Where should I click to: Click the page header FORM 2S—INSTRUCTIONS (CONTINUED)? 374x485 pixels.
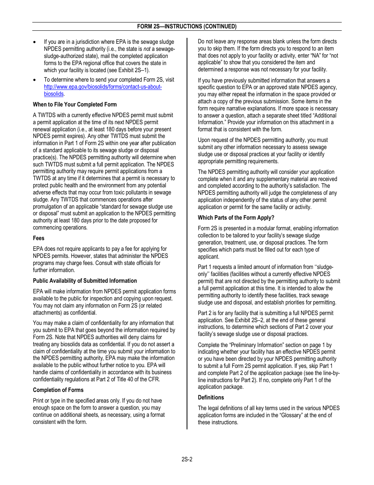(x=187, y=26)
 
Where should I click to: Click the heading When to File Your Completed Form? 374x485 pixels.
(x=75, y=104)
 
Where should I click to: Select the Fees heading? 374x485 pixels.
(x=39, y=238)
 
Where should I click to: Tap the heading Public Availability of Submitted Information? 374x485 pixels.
(x=85, y=281)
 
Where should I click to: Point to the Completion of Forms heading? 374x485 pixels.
(x=58, y=390)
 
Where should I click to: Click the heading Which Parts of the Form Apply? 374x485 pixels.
(x=236, y=218)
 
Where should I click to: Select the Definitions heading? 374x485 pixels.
(x=211, y=397)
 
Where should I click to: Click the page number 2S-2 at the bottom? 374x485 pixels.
(x=187, y=459)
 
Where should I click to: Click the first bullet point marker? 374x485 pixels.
(x=35, y=42)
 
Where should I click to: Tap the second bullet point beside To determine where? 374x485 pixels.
(x=35, y=80)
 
